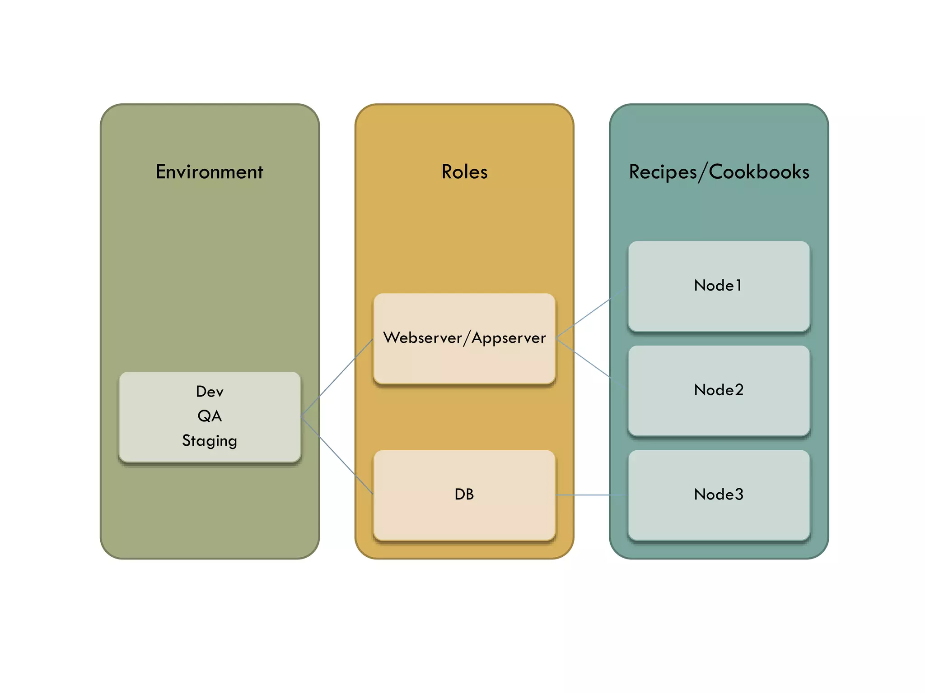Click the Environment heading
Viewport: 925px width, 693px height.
click(x=209, y=172)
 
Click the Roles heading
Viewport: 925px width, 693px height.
click(x=464, y=172)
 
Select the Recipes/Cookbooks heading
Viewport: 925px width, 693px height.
click(x=719, y=172)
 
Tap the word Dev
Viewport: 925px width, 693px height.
click(x=210, y=391)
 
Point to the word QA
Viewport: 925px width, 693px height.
click(x=210, y=416)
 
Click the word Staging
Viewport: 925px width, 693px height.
click(x=210, y=440)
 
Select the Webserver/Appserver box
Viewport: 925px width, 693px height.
click(x=464, y=361)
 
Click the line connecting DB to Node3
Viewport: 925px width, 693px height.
click(x=592, y=495)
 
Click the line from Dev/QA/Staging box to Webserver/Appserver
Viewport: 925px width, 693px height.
click(x=336, y=378)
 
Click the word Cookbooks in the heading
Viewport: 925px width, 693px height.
click(x=759, y=172)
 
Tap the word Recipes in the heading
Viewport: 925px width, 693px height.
click(x=663, y=172)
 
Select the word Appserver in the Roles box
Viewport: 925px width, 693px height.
click(x=509, y=338)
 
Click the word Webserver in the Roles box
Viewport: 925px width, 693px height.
click(x=422, y=338)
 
